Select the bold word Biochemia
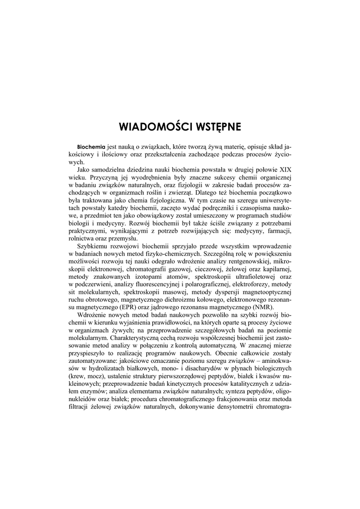[91, 147]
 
